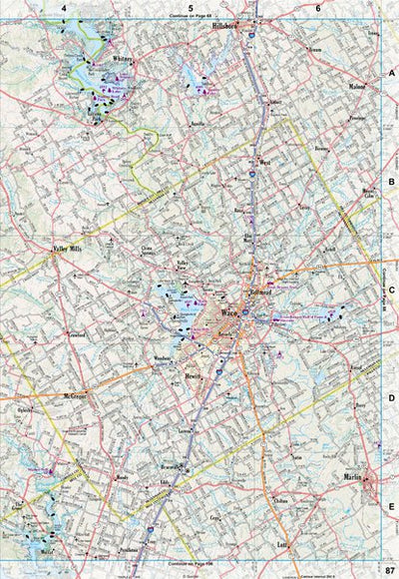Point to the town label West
click(264, 161)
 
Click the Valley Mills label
click(72, 251)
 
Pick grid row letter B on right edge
click(392, 182)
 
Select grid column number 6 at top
click(318, 8)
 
